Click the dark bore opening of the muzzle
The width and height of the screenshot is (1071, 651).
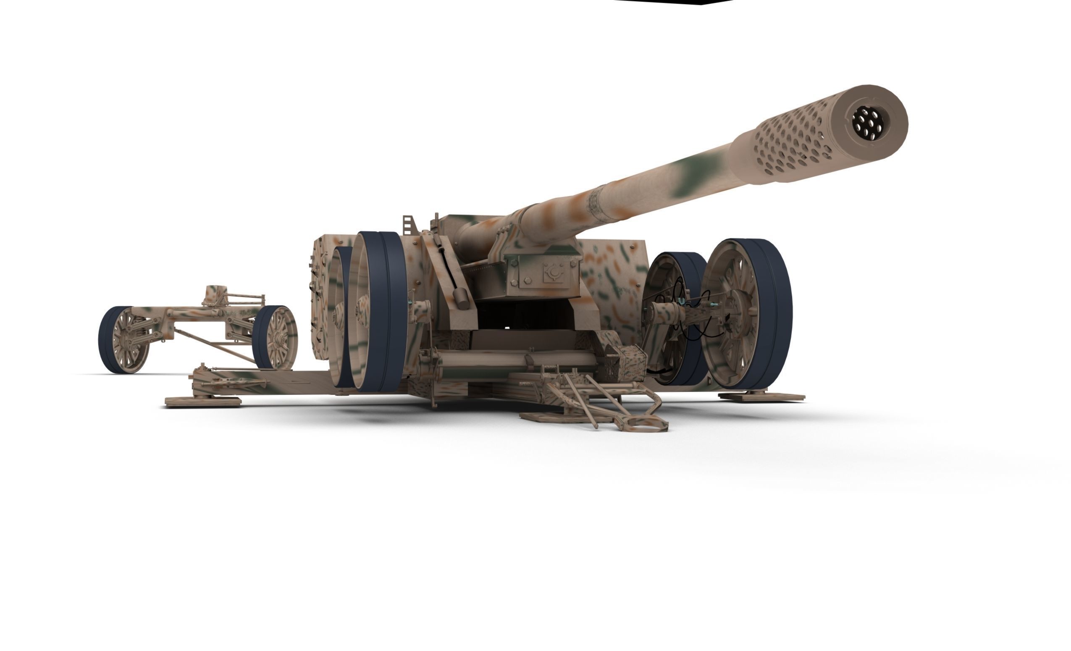[x=867, y=123]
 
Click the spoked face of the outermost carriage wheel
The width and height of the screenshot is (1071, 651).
[x=735, y=313]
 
